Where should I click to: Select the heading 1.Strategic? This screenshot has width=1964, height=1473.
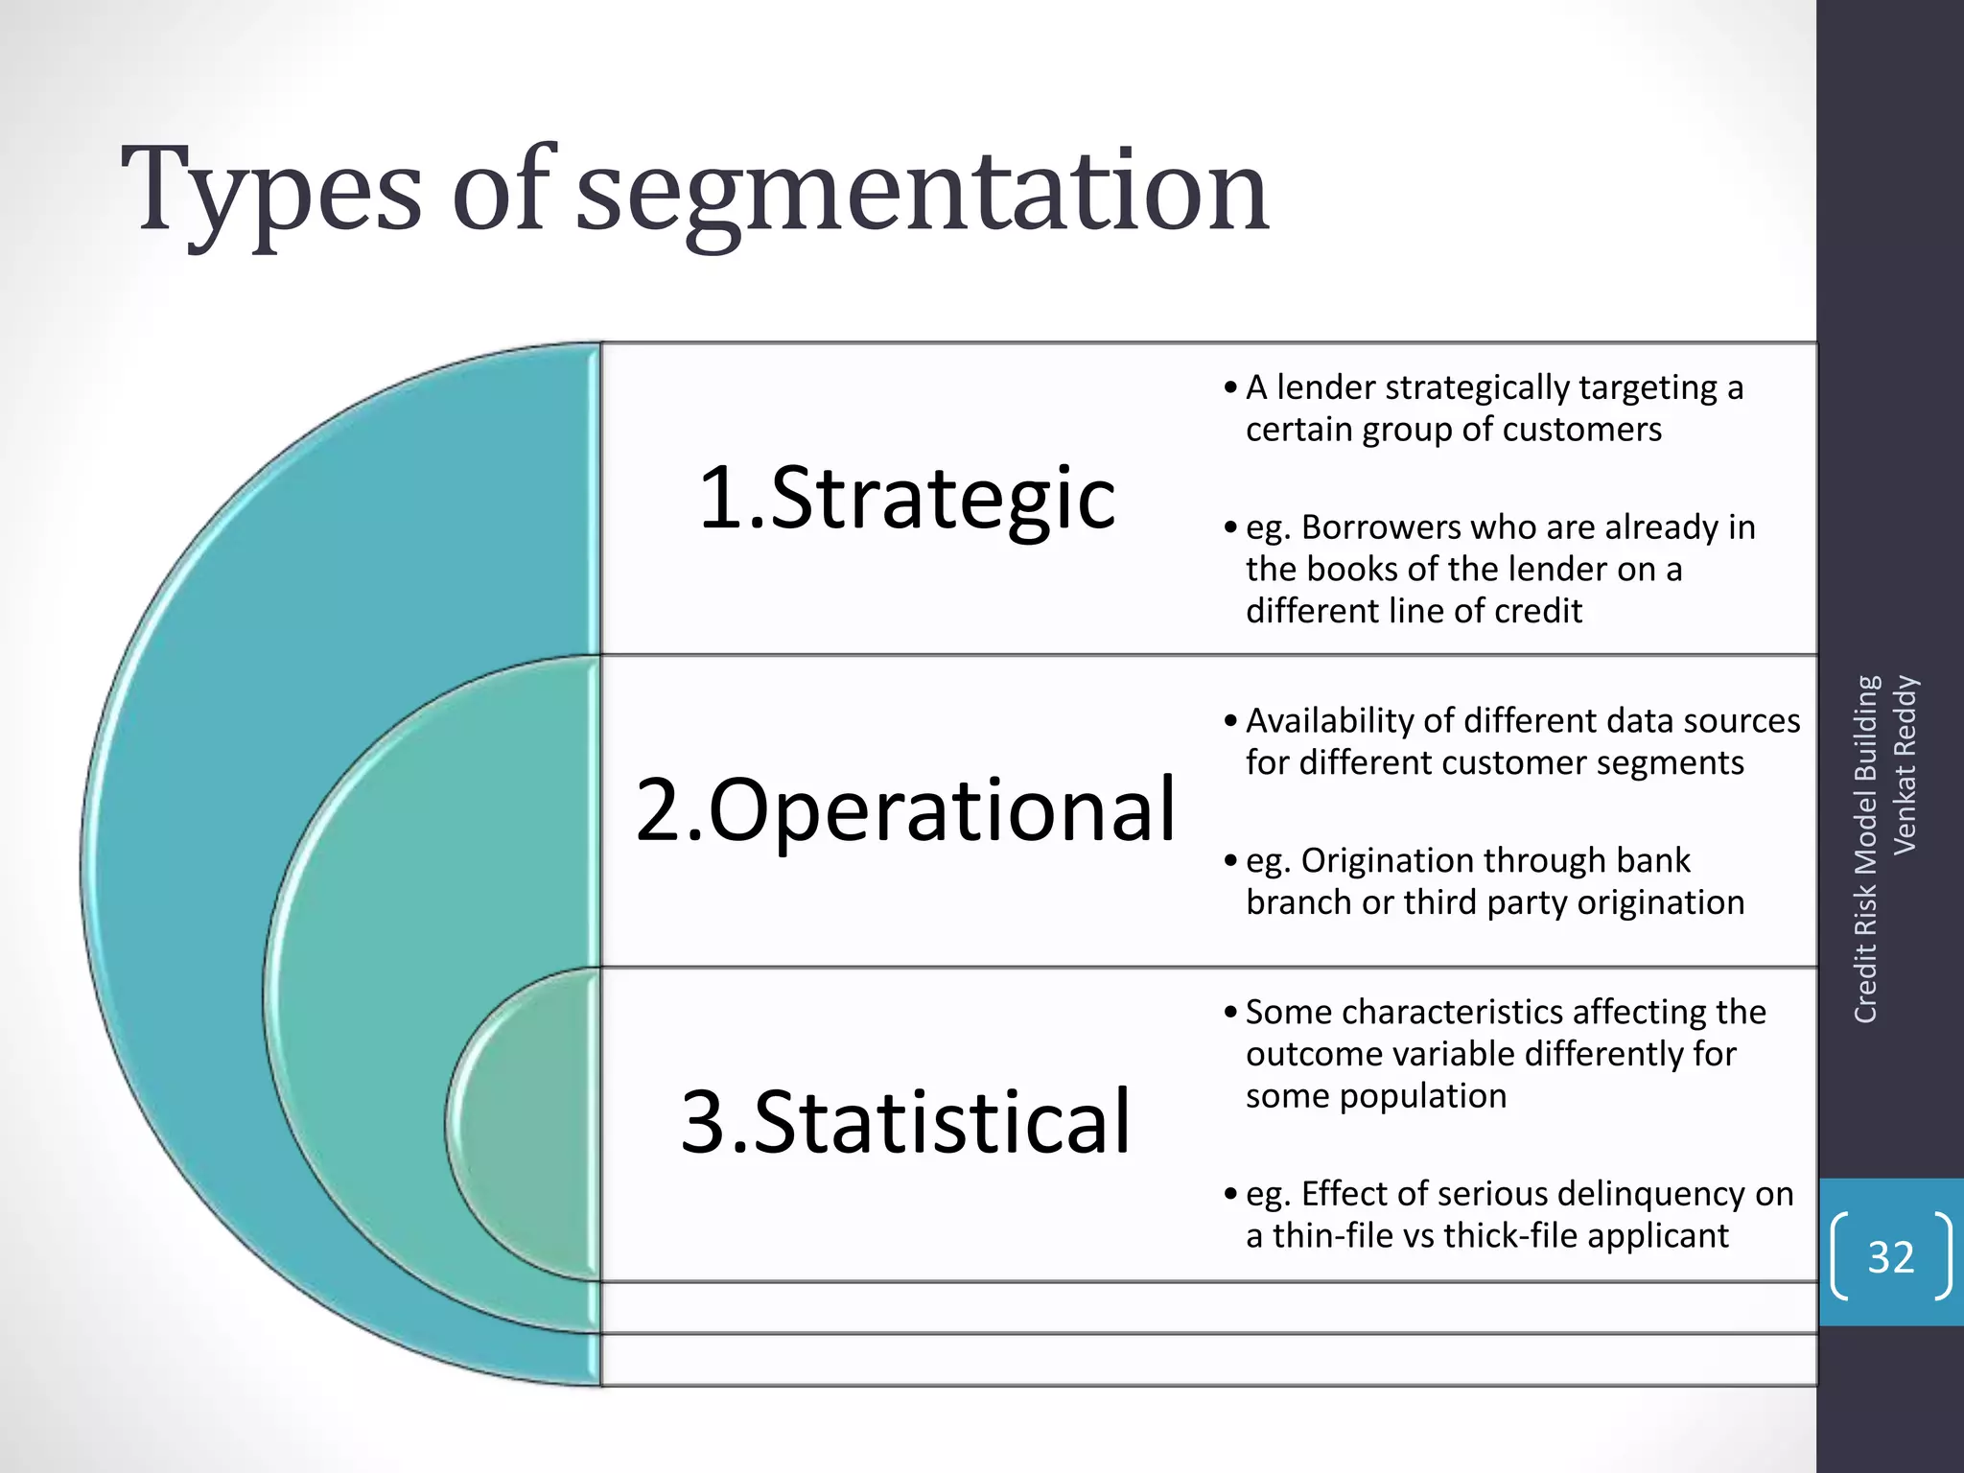(x=906, y=498)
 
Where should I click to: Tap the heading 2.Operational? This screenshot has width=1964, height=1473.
(x=905, y=809)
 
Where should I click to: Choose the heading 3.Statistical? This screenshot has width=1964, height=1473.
(x=905, y=1121)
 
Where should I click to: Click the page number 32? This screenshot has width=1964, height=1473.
(x=1890, y=1256)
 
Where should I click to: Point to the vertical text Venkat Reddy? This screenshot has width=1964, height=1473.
(x=1905, y=765)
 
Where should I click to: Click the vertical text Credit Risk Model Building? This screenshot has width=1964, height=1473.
(x=1865, y=849)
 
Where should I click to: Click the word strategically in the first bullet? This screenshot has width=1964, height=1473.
(x=1477, y=387)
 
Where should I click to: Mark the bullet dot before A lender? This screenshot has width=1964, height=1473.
(x=1230, y=388)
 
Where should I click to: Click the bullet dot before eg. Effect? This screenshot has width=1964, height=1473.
(x=1230, y=1195)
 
